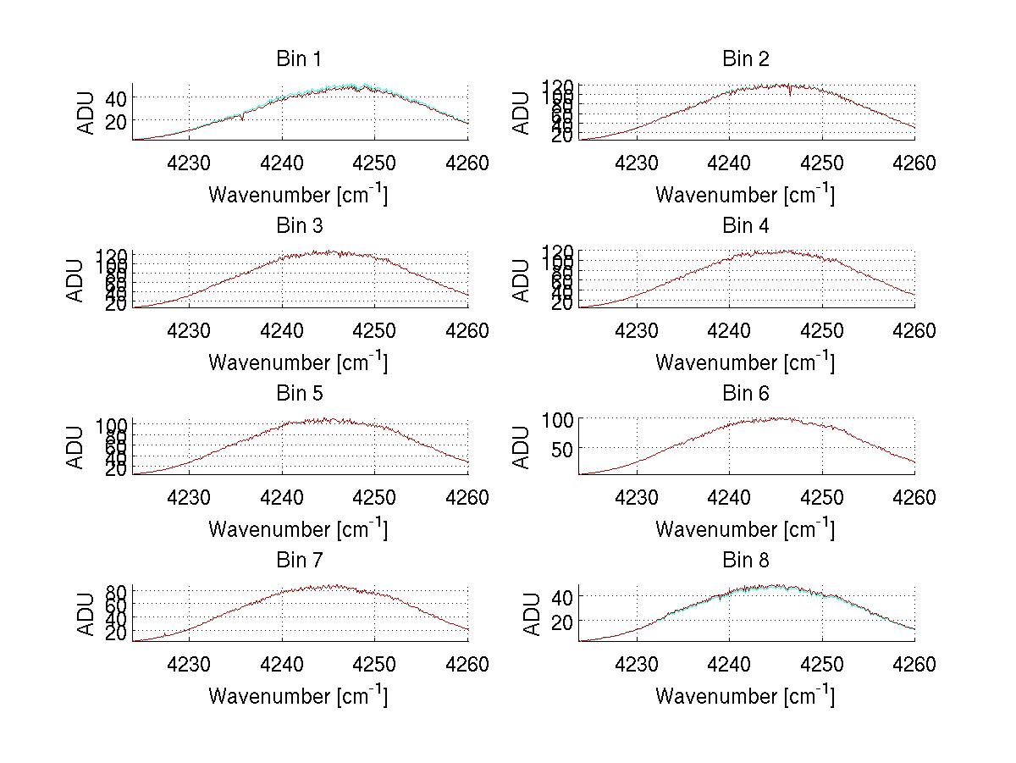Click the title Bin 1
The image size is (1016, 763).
point(299,59)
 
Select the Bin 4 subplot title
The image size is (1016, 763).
point(746,226)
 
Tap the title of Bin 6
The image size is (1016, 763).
point(746,394)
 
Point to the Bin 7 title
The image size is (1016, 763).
point(299,561)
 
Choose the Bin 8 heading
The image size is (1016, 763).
point(746,561)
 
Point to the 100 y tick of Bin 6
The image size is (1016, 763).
point(559,419)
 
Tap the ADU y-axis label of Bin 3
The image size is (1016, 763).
point(76,280)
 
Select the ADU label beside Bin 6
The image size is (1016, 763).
point(522,447)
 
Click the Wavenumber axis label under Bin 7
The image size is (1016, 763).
point(298,695)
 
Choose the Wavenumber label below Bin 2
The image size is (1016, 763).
point(745,194)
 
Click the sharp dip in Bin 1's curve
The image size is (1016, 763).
point(243,118)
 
